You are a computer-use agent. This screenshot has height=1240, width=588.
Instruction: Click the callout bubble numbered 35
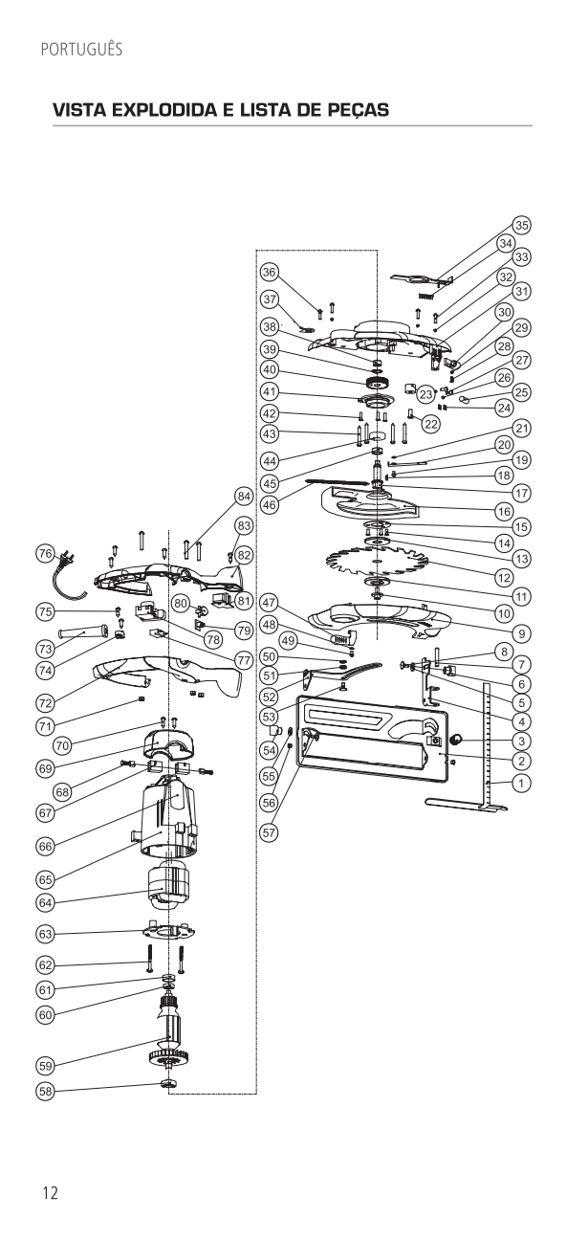click(521, 225)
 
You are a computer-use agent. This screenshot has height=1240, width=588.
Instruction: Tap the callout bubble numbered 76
click(45, 553)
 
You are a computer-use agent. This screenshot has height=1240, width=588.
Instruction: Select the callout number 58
click(45, 1090)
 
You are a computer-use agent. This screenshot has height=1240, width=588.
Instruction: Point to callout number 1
click(521, 783)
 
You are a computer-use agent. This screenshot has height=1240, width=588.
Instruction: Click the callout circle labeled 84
click(244, 496)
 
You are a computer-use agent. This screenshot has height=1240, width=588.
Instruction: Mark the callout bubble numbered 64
click(45, 901)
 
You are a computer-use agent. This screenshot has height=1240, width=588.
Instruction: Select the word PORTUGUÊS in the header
click(81, 49)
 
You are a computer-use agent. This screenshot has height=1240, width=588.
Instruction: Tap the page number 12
click(50, 1192)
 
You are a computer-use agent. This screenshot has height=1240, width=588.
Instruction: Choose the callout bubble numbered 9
click(521, 632)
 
